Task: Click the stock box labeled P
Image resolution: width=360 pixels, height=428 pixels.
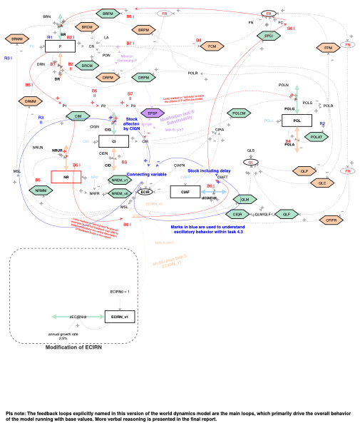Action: coord(60,46)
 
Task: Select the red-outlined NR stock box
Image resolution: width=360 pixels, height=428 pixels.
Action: coord(66,176)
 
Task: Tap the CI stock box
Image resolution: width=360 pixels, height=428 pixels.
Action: coord(113,143)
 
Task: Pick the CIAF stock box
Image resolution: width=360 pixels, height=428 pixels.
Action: coord(185,191)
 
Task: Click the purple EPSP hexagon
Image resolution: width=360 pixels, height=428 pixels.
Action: coord(151,113)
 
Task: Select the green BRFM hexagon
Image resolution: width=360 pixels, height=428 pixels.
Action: coord(108,14)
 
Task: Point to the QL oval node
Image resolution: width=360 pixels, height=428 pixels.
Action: coord(250,162)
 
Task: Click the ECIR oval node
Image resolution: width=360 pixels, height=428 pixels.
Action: coord(145,192)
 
